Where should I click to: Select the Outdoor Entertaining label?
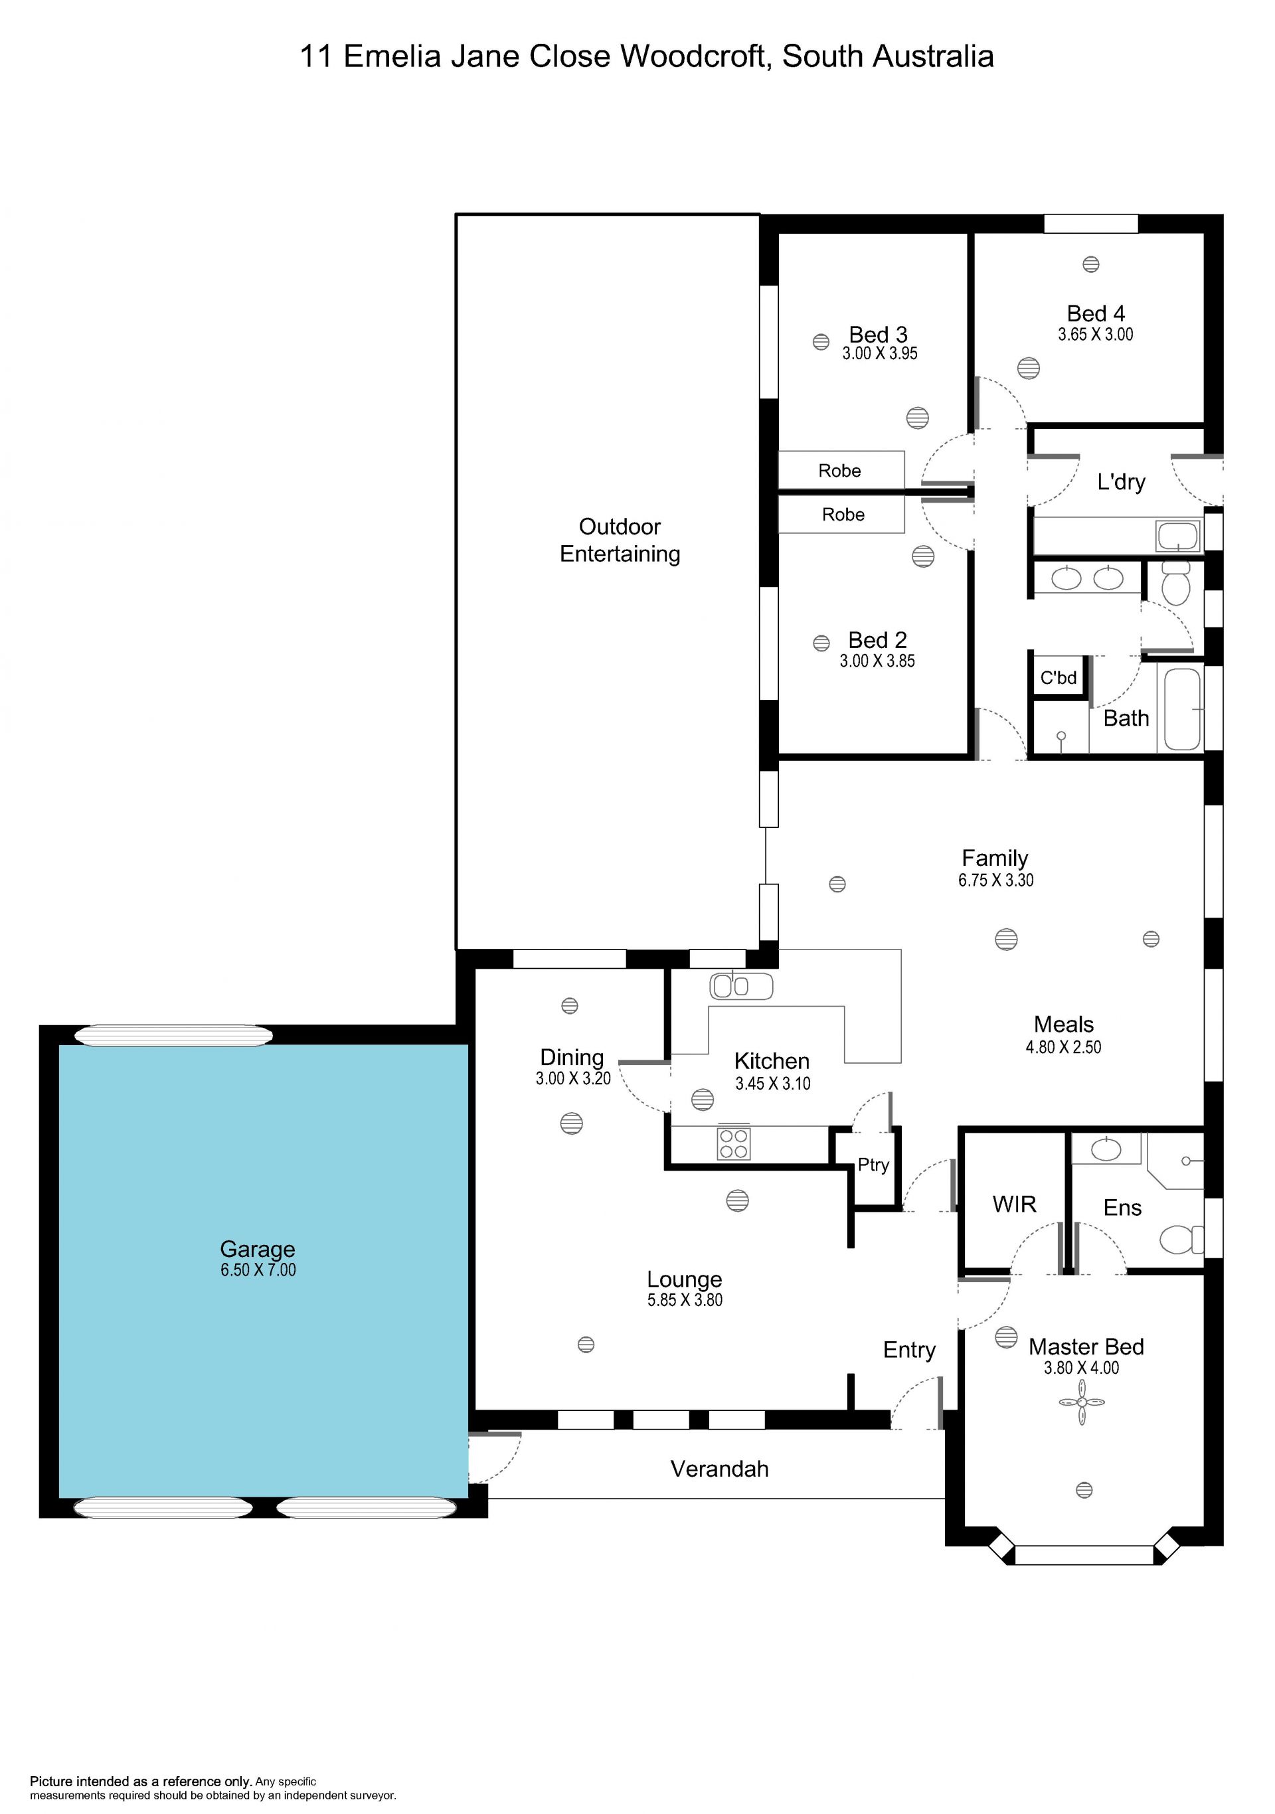(620, 540)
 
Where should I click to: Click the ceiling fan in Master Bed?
(1082, 1402)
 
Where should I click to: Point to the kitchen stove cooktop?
(734, 1143)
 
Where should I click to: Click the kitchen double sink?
(741, 986)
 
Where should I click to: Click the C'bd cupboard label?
(1059, 678)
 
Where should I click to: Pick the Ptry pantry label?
(874, 1165)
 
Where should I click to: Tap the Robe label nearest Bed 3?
(840, 471)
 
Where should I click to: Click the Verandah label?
(720, 1469)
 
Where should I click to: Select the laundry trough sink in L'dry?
(1179, 536)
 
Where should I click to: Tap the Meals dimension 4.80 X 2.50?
(1063, 1047)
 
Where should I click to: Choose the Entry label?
(909, 1351)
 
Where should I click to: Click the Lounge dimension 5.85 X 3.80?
(685, 1299)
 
